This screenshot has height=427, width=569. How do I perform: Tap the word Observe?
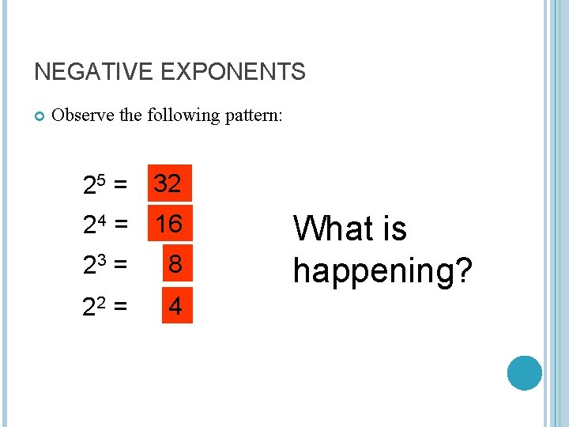[82, 115]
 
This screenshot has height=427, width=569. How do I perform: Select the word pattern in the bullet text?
[252, 116]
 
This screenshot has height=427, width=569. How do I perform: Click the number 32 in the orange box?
[168, 185]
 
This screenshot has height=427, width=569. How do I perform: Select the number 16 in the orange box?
[168, 225]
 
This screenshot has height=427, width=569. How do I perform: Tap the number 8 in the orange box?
[175, 265]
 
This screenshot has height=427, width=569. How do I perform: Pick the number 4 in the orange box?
[175, 306]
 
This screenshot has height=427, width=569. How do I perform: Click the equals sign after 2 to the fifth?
[121, 187]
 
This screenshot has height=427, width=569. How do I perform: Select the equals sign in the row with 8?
[121, 266]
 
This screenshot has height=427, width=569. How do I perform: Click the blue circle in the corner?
[524, 372]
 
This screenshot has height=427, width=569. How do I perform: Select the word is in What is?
[394, 229]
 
